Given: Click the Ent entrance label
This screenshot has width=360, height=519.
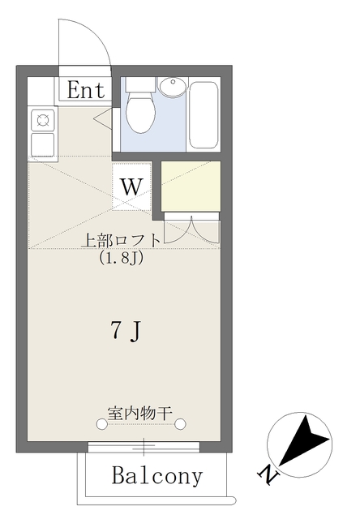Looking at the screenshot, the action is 86,90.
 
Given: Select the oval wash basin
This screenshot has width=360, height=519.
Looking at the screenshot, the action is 172,87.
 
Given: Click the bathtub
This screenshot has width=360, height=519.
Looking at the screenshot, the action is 204,115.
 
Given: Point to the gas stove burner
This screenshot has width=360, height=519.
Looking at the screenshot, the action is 43,120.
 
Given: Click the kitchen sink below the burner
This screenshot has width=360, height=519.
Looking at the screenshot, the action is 43,144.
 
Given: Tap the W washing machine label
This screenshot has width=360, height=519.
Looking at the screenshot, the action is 131,187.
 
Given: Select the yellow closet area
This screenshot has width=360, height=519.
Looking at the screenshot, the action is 191,186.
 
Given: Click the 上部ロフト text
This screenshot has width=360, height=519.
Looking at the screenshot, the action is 121,240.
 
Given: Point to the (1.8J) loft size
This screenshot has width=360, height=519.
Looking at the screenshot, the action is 121,257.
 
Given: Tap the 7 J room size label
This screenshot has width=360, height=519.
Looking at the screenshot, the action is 126,332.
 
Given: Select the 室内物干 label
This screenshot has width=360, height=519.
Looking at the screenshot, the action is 140,413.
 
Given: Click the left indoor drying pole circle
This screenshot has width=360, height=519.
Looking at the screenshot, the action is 101,423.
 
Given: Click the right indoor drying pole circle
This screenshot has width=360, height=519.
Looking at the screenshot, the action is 180,423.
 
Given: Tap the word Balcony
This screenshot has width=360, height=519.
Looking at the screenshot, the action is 157,475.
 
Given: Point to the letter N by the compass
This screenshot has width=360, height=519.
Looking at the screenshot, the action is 268,475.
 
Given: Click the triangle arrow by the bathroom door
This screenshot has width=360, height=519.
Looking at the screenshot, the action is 104,117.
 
